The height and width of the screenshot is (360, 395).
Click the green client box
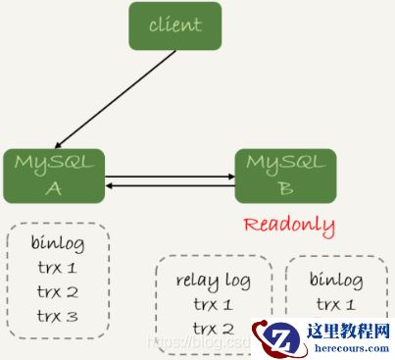coord(174,26)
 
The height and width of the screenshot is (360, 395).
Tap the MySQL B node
coord(285,175)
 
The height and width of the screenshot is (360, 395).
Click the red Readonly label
coord(288,225)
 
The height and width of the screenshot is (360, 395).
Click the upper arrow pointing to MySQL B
coord(171,178)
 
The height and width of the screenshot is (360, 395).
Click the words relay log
coord(213,282)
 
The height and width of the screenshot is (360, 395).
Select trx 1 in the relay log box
coord(213,304)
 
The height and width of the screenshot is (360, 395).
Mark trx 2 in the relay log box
coord(213,328)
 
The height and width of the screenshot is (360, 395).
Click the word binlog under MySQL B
coord(335,282)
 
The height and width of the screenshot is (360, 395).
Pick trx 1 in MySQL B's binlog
coord(335,304)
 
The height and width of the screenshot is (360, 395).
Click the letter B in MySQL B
coord(285,186)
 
